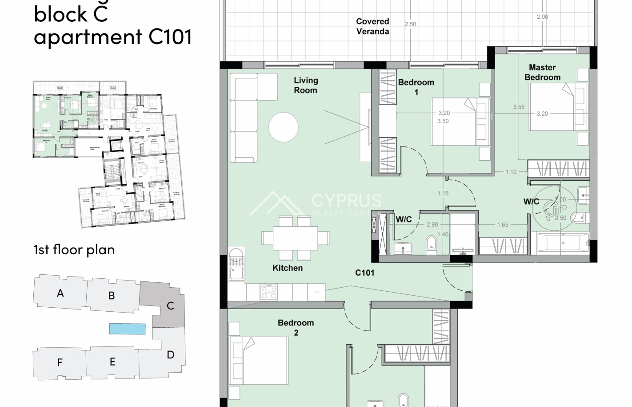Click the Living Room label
[x=305, y=85]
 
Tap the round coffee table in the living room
[x=283, y=127]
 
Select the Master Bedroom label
[x=542, y=73]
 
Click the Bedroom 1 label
[x=416, y=87]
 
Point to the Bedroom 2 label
[x=296, y=328]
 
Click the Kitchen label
[x=288, y=268]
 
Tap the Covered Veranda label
[x=372, y=26]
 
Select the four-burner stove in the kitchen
[x=268, y=292]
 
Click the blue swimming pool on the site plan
[x=128, y=329]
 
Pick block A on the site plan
[x=60, y=293]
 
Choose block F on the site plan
[x=60, y=362]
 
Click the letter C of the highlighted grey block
[x=170, y=306]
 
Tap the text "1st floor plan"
[x=74, y=250]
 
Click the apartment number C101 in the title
[x=170, y=37]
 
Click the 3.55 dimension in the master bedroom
[x=518, y=107]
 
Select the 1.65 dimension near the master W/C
[x=503, y=225]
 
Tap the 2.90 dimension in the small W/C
[x=432, y=225]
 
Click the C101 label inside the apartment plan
[x=364, y=273]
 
